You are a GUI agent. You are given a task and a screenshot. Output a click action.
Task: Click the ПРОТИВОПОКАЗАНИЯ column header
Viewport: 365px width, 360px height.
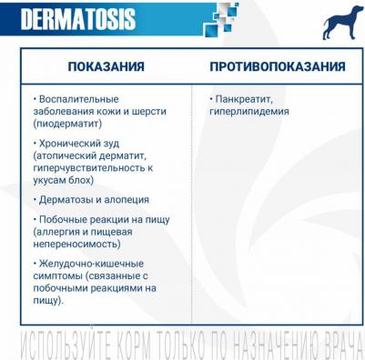click(277, 66)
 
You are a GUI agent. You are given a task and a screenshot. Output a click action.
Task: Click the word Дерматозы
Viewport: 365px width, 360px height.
click(66, 199)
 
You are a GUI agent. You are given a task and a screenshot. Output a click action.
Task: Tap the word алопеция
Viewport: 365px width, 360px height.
click(127, 199)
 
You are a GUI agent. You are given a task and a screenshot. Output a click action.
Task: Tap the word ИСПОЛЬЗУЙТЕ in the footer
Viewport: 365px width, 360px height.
click(60, 346)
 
